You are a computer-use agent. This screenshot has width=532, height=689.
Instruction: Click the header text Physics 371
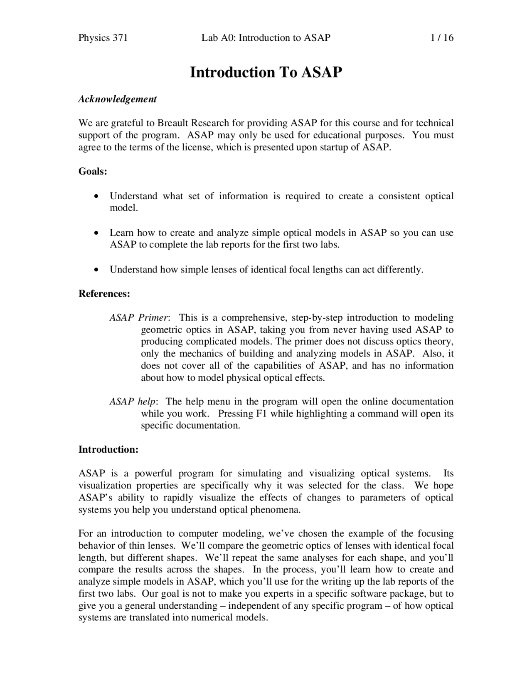103,38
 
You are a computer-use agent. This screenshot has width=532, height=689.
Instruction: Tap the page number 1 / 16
442,38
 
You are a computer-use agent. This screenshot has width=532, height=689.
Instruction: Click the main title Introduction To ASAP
266,72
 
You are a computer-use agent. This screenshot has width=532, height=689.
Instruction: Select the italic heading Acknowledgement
118,99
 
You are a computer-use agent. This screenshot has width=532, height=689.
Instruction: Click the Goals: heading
93,171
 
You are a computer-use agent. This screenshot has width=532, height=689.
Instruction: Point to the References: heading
104,294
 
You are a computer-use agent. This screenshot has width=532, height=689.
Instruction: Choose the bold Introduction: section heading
108,449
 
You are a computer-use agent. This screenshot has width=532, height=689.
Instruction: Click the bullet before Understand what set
96,196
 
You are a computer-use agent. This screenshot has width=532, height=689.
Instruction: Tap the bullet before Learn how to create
96,233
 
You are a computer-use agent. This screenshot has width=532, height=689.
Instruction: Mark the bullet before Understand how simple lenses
96,270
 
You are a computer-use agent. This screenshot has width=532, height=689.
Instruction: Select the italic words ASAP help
133,402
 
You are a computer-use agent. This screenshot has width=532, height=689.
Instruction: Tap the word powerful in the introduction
153,473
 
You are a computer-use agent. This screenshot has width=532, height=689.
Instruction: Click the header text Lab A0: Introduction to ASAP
266,38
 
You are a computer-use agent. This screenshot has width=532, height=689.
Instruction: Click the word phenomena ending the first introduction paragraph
278,510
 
